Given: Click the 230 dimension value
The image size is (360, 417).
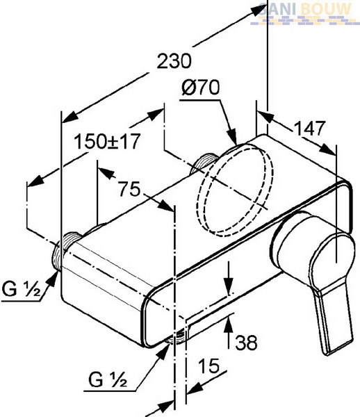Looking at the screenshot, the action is [174, 61].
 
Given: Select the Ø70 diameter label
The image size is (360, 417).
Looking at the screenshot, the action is [201, 88].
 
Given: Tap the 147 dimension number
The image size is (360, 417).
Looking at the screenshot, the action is [310, 128].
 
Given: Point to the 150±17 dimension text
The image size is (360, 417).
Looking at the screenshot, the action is [107, 141].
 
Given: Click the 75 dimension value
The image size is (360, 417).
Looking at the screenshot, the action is [129, 189].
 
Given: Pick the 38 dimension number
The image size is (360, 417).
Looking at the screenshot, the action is [247, 342].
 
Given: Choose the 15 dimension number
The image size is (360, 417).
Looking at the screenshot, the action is [209, 366].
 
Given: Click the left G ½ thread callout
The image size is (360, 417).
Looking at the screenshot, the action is [22, 289].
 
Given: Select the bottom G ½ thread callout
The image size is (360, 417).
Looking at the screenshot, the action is [108, 379].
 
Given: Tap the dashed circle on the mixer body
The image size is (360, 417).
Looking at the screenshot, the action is [236, 190].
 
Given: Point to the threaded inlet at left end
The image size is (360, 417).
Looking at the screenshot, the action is [67, 250].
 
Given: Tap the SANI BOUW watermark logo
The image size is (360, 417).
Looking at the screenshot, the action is [305, 13].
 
